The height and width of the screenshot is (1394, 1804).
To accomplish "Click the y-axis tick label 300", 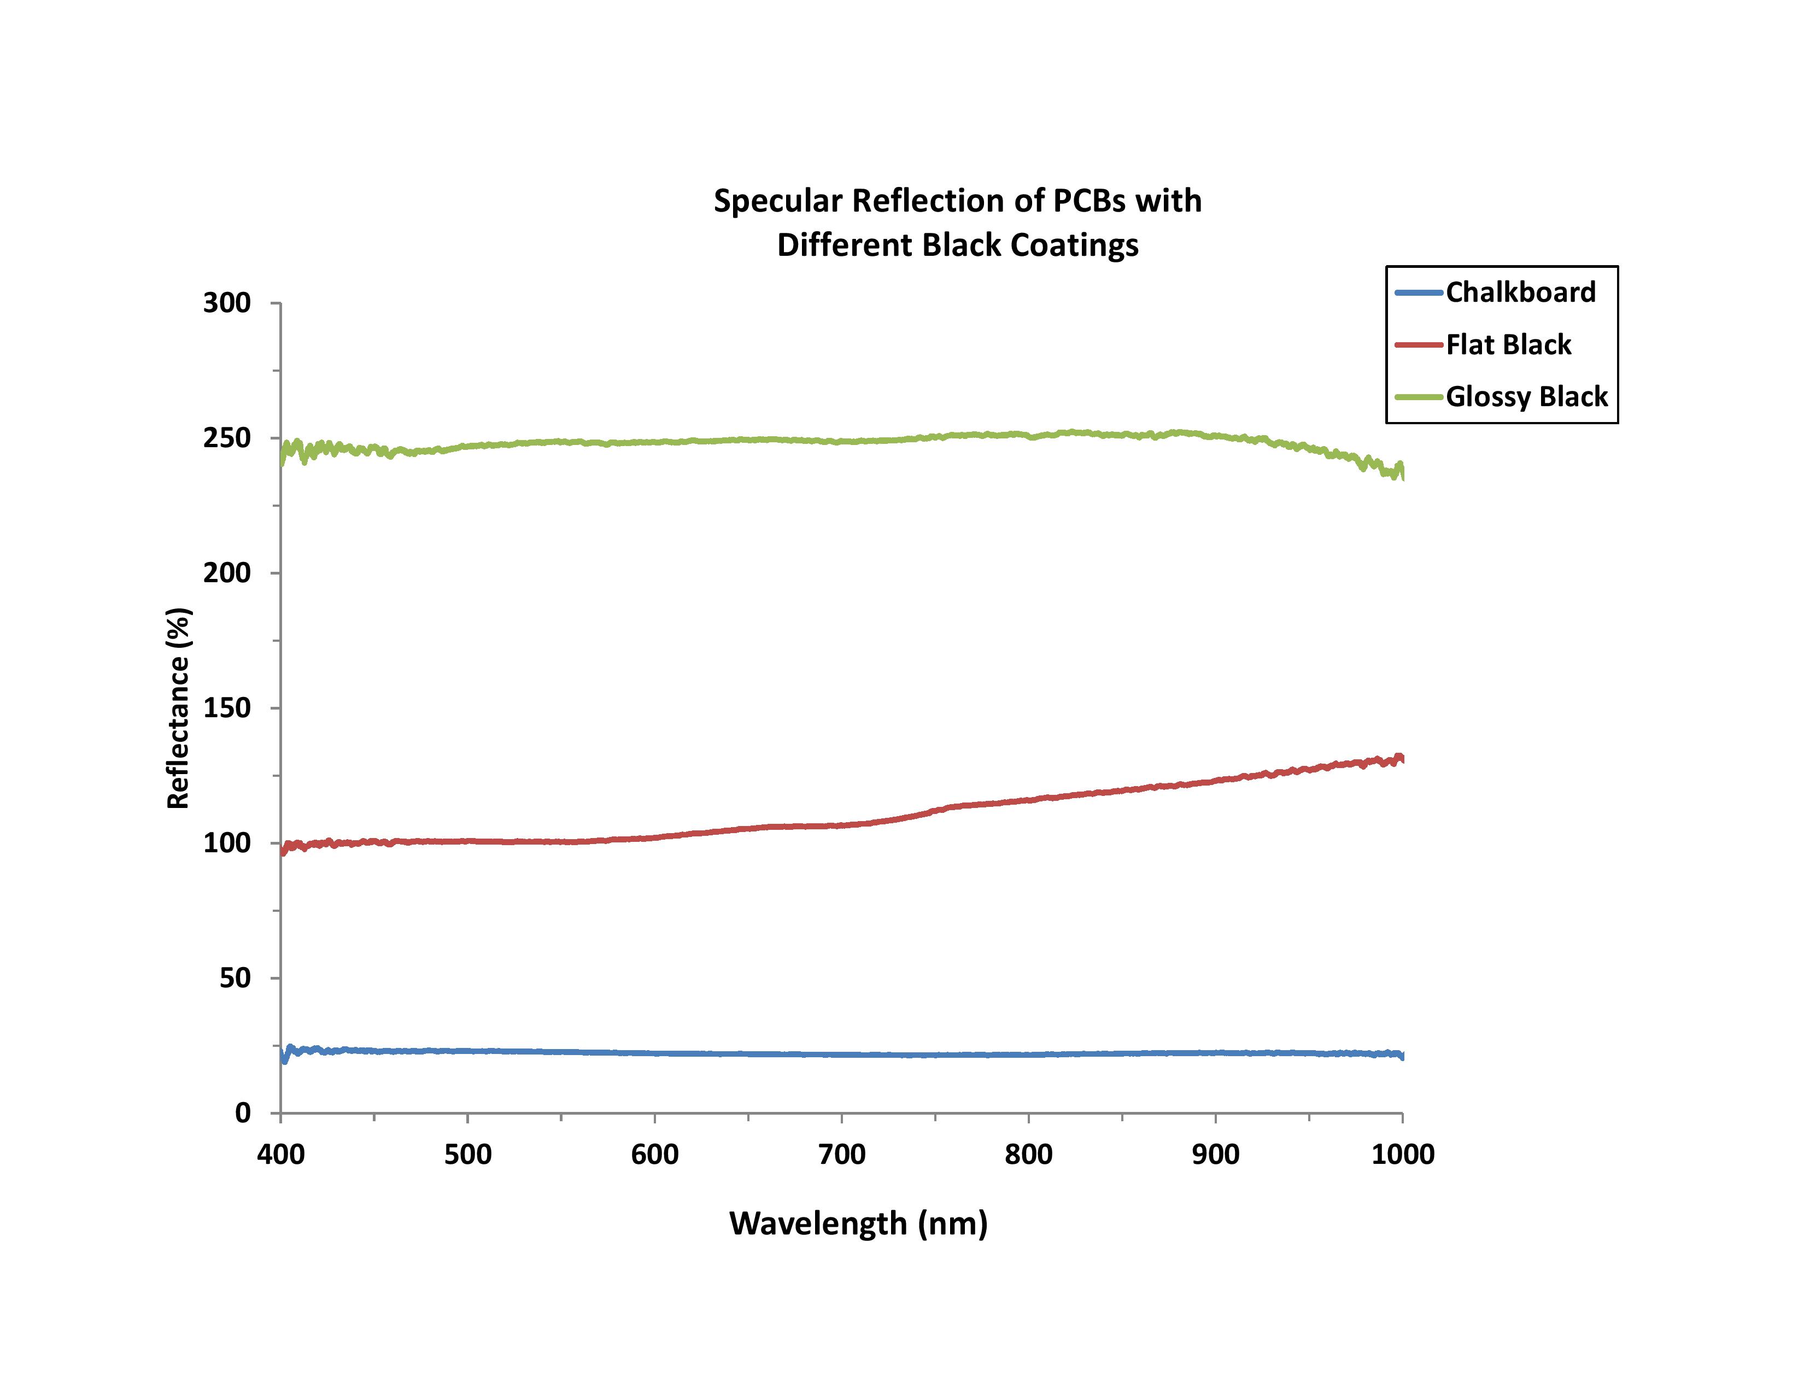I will pos(226,303).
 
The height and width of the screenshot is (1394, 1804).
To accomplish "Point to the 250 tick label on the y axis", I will pos(226,438).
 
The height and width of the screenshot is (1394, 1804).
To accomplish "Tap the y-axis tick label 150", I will pos(226,708).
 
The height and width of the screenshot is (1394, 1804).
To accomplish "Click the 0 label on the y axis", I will pos(243,1112).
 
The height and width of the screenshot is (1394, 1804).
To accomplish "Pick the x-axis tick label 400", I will pos(281,1153).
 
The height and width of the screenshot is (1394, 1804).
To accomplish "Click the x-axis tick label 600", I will pos(654,1153).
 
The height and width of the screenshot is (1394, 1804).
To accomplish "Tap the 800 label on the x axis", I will pos(1028,1153).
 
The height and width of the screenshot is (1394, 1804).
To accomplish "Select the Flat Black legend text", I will pos(1508,344).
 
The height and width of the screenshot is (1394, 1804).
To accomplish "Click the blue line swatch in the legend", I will pos(1418,292).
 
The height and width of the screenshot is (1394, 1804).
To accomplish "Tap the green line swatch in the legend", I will pos(1418,397).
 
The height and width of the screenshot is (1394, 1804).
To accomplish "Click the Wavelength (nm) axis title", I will pos(858,1223).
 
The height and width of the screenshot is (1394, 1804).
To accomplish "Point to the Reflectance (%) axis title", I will pos(178,708).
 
